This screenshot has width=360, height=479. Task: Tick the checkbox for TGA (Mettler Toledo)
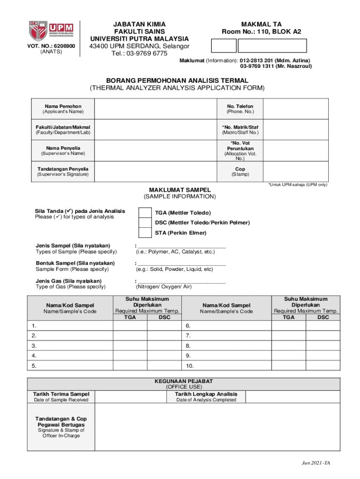(x=145, y=213)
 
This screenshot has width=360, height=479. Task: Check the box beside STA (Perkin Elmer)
(x=145, y=232)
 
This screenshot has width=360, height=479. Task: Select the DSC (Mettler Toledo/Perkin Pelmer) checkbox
(x=145, y=223)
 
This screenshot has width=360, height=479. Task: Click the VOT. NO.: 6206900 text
(x=51, y=46)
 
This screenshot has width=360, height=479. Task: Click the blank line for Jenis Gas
(x=181, y=281)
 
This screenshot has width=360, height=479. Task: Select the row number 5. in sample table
(x=34, y=365)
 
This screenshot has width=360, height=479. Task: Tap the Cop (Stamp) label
(x=240, y=172)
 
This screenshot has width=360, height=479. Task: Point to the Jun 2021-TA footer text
(x=315, y=463)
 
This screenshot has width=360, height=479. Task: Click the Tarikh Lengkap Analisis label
(x=206, y=394)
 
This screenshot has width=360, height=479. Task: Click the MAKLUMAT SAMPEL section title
(x=180, y=190)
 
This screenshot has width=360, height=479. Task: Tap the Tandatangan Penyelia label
(x=63, y=169)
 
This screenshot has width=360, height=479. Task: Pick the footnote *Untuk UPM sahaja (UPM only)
(x=297, y=185)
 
